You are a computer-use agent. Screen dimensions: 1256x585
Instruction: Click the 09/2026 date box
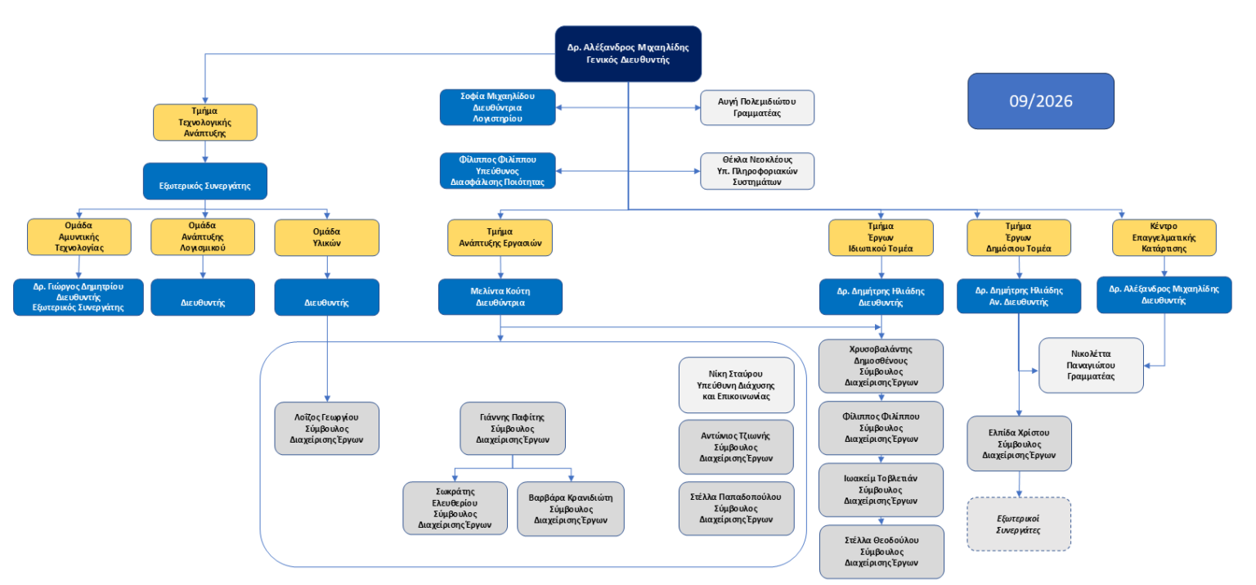pyautogui.click(x=1041, y=101)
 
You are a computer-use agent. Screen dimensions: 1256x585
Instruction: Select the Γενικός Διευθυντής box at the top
pyautogui.click(x=628, y=54)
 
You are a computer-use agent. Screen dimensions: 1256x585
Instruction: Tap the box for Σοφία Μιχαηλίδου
pyautogui.click(x=497, y=107)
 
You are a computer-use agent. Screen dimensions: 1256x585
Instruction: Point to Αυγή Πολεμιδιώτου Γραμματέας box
pyautogui.click(x=757, y=108)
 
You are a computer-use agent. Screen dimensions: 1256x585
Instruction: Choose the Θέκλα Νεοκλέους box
pyautogui.click(x=757, y=171)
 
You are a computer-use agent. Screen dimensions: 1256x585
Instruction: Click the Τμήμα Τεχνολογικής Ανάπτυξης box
pyautogui.click(x=204, y=122)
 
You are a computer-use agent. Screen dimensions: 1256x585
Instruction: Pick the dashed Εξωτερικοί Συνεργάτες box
pyautogui.click(x=1018, y=524)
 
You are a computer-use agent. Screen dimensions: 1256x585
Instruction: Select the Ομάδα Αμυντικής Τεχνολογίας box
pyautogui.click(x=79, y=237)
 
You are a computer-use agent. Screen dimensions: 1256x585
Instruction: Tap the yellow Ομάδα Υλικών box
pyautogui.click(x=326, y=237)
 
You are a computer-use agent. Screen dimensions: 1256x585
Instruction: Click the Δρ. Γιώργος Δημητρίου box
pyautogui.click(x=78, y=297)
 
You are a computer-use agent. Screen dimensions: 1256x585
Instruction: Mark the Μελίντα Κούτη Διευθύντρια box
pyautogui.click(x=500, y=297)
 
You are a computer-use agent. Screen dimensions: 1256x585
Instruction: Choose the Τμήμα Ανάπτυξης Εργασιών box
pyautogui.click(x=500, y=237)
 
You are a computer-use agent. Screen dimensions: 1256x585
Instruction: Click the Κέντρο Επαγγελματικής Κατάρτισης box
pyautogui.click(x=1164, y=237)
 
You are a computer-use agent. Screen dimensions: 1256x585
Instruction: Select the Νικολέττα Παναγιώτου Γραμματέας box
pyautogui.click(x=1091, y=365)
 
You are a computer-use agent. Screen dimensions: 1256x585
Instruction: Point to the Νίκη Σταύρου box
pyautogui.click(x=736, y=385)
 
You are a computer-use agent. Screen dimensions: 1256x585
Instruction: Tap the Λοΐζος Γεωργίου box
pyautogui.click(x=326, y=429)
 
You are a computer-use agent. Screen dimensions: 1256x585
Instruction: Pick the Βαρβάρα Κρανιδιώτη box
pyautogui.click(x=570, y=509)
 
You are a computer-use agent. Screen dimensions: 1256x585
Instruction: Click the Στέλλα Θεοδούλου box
pyautogui.click(x=881, y=552)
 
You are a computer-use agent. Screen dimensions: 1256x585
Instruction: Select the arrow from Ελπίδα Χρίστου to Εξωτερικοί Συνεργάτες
pyautogui.click(x=1019, y=484)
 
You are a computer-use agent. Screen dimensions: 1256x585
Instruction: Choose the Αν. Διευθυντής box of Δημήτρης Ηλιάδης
pyautogui.click(x=1019, y=296)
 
